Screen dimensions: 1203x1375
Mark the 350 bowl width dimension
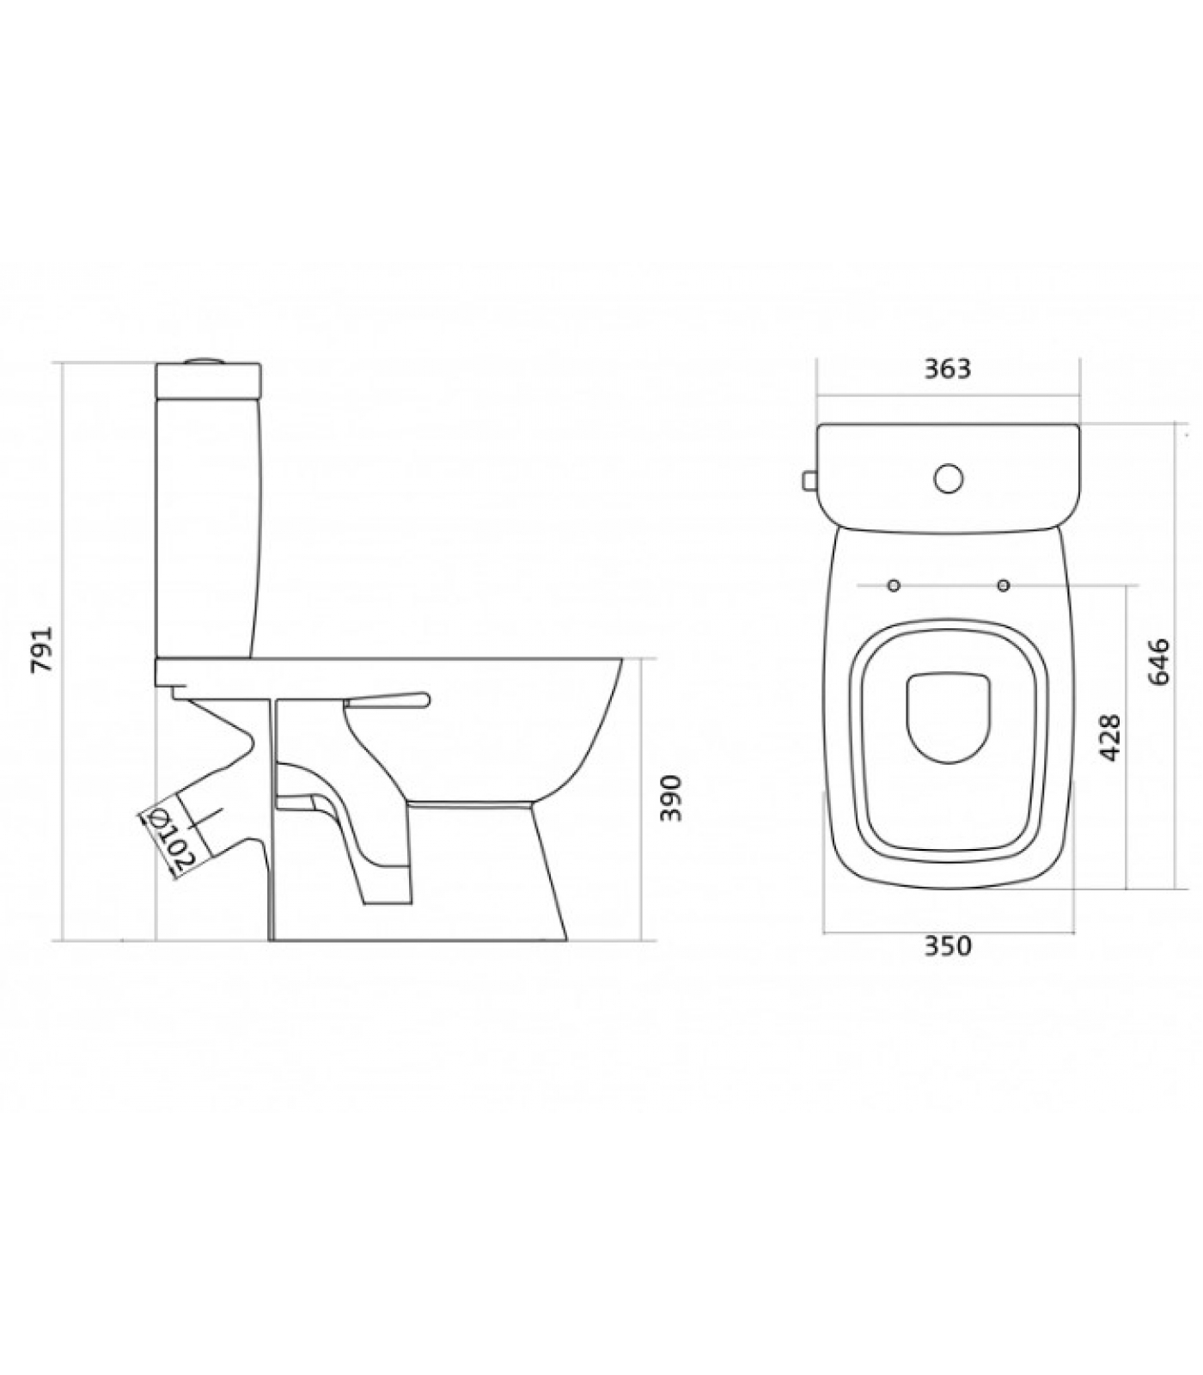click(948, 945)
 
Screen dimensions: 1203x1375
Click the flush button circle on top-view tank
click(949, 479)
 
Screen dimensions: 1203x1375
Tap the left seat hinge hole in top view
click(894, 585)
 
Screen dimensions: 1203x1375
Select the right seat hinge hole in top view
click(1003, 585)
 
